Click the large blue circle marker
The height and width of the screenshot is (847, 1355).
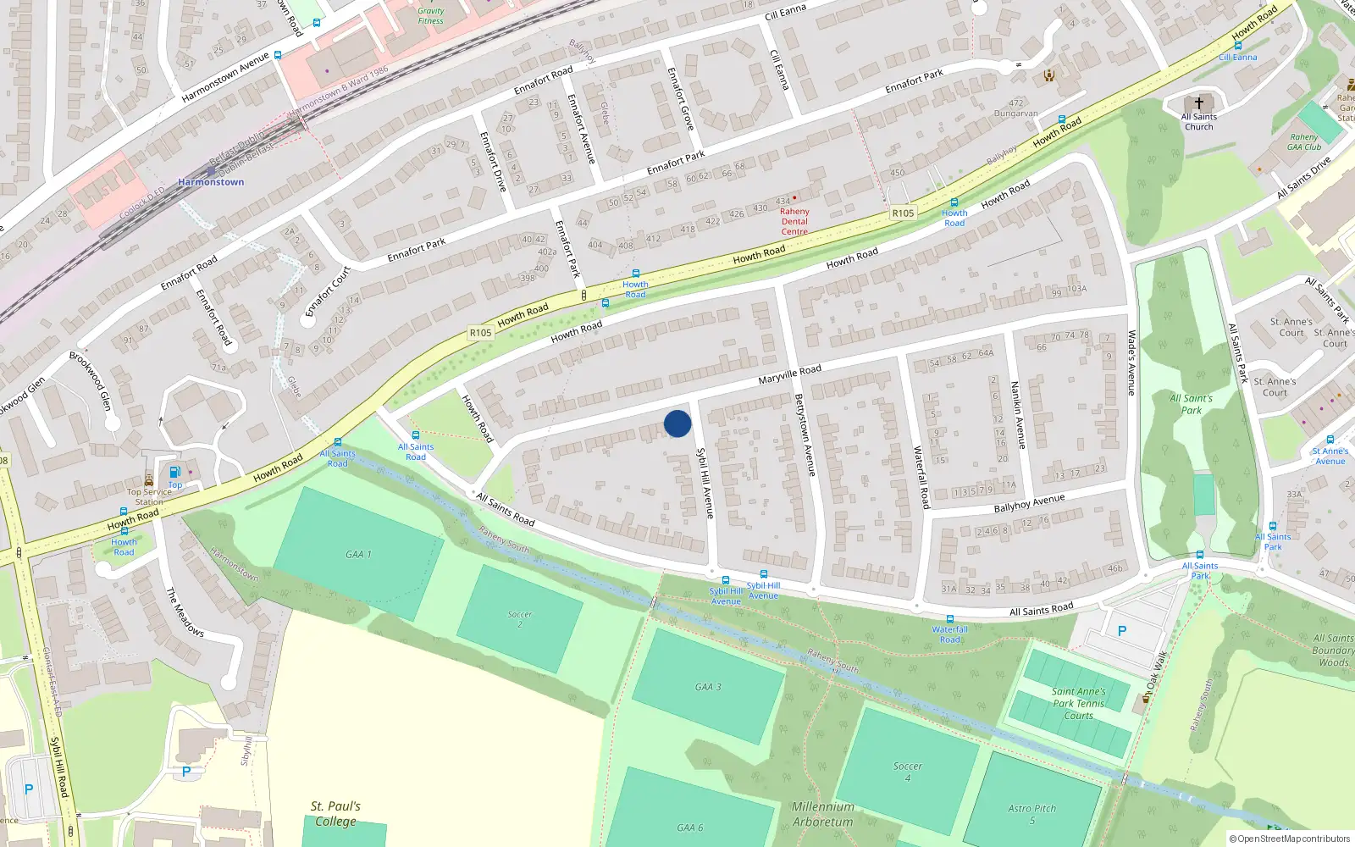(x=677, y=423)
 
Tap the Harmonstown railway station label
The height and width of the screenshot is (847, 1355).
(x=211, y=182)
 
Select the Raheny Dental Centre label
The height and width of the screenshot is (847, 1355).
(x=794, y=221)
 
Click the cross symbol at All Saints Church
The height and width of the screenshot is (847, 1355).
(x=1198, y=102)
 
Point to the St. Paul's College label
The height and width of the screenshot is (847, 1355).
(x=336, y=813)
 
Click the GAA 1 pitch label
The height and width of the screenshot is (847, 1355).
(x=358, y=554)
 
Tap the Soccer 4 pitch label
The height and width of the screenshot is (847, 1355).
(x=907, y=771)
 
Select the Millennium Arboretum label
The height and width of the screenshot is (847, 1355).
(x=822, y=814)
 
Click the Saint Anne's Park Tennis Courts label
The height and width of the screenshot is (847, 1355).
(x=1078, y=703)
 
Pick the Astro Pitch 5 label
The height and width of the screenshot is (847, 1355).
(x=1031, y=813)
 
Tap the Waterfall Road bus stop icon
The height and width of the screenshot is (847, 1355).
(x=949, y=619)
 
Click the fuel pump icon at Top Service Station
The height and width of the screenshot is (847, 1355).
(x=174, y=472)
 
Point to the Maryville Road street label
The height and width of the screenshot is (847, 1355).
(x=789, y=374)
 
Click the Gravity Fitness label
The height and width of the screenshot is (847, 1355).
(x=430, y=16)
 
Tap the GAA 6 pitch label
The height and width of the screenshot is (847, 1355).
(x=689, y=828)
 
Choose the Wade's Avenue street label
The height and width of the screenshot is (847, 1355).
(x=1131, y=363)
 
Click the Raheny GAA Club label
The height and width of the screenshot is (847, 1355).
(x=1304, y=141)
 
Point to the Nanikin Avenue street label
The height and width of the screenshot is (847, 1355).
(x=1019, y=414)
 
